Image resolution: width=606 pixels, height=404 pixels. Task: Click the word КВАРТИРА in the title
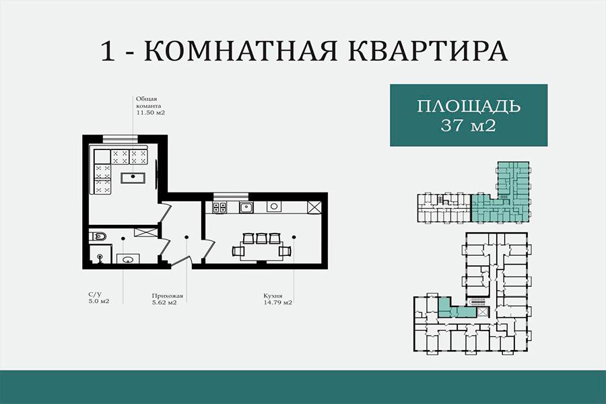(428, 50)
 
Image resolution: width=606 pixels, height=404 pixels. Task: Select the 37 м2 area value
(468, 125)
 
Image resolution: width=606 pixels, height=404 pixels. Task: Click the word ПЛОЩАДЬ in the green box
(469, 106)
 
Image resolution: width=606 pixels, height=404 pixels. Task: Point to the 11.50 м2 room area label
(150, 113)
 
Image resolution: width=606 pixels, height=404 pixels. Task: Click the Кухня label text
(273, 296)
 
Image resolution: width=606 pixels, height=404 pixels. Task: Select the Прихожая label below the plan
(168, 296)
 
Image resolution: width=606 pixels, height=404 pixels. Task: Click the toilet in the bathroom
(98, 236)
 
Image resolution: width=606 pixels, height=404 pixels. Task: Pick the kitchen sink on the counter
(246, 207)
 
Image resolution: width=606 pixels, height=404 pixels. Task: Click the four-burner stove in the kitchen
(220, 207)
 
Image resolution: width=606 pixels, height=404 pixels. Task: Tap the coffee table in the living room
(133, 178)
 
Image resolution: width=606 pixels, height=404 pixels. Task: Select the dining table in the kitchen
(261, 252)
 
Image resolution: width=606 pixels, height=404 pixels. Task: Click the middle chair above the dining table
(262, 238)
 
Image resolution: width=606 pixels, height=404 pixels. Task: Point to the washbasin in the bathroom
(128, 259)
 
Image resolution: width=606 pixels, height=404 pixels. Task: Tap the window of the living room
(121, 139)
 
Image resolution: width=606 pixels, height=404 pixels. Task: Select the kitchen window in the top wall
(231, 196)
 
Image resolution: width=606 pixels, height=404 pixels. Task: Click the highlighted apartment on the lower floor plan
(456, 308)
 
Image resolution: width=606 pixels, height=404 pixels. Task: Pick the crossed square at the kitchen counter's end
(314, 207)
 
